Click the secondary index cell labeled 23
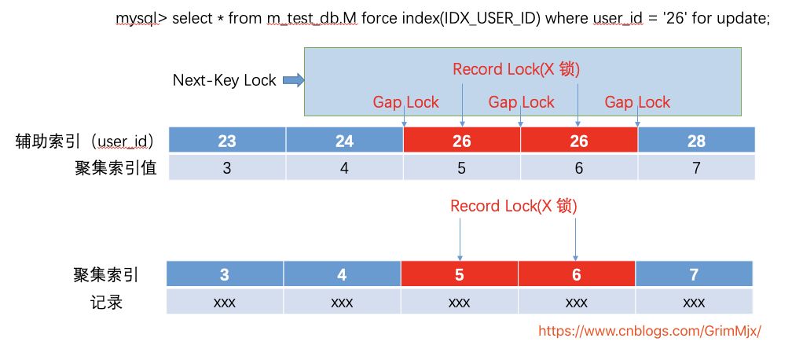(x=227, y=141)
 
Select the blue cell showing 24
(x=344, y=141)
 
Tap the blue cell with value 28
(x=695, y=141)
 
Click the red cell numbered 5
(x=460, y=275)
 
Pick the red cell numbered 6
(x=577, y=275)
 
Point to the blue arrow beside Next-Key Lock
(x=292, y=80)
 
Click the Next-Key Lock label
(x=225, y=80)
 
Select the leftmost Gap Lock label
(x=405, y=102)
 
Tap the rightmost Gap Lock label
(x=637, y=102)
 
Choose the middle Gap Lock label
(x=521, y=102)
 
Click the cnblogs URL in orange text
(x=650, y=331)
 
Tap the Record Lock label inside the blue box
(x=516, y=69)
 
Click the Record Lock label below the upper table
(x=514, y=206)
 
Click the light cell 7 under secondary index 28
(x=695, y=168)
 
